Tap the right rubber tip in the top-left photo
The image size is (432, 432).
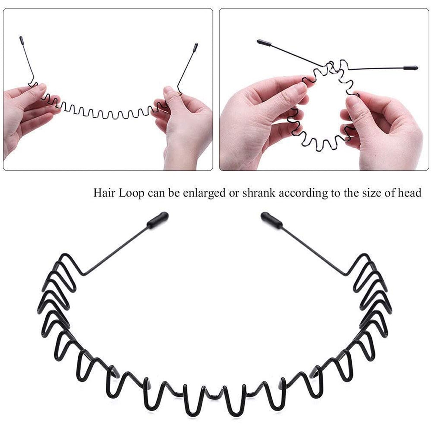coord(196,47)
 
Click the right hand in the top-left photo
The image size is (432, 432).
coord(184,127)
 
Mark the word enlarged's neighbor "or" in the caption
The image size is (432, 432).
coord(234,193)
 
